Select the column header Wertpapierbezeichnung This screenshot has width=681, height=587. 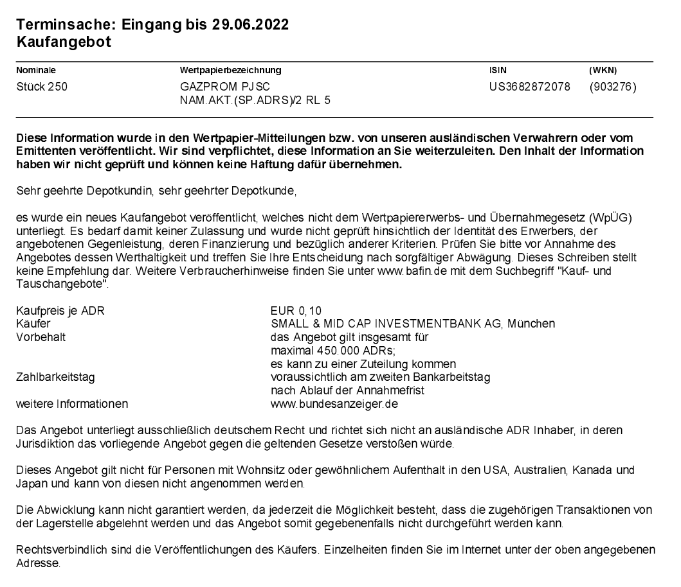(232, 70)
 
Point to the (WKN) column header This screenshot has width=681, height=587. (603, 70)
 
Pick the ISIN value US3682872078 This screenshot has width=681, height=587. (530, 87)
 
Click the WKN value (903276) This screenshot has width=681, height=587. (612, 87)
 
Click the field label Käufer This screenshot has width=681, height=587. (33, 322)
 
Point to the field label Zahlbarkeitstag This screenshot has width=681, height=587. (55, 377)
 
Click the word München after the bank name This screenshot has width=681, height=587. (531, 322)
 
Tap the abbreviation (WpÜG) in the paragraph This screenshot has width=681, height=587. (614, 219)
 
